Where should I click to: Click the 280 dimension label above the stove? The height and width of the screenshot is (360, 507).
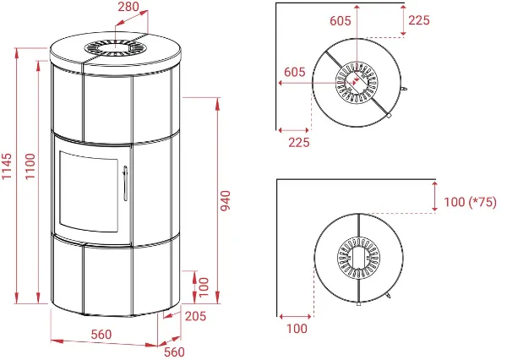pos(128,7)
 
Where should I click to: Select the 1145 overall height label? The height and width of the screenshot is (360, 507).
pos(7,166)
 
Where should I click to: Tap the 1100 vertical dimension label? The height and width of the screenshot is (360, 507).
pos(30,166)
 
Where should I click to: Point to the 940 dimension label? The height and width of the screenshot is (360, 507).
pos(225,200)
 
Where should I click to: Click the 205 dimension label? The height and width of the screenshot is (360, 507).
pos(196,316)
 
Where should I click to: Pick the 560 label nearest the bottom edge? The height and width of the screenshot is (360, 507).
pos(174,352)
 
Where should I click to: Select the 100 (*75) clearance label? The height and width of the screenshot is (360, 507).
pos(470,202)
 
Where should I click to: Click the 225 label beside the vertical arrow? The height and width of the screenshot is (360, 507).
pos(419,20)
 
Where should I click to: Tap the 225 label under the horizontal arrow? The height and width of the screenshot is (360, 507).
pos(299,142)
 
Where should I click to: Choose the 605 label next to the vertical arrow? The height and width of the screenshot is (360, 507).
pos(341,20)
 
